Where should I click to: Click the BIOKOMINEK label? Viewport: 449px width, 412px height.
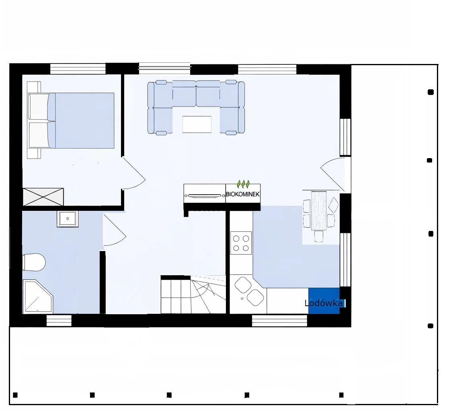(x=242, y=194)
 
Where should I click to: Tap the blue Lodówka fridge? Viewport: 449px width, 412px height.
(x=324, y=301)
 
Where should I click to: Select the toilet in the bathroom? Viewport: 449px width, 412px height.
(x=34, y=262)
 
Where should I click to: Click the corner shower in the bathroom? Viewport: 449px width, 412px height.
(x=37, y=297)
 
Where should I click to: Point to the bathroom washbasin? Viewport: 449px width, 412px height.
(x=68, y=219)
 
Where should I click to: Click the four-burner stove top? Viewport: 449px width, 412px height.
(x=241, y=243)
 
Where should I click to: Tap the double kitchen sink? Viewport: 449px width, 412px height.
(x=249, y=291)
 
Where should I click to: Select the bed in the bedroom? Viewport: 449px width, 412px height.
(x=71, y=120)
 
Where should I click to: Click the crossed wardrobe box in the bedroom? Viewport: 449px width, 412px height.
(x=43, y=197)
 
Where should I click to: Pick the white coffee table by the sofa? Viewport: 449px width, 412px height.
(x=197, y=124)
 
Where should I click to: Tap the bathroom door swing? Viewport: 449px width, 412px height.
(x=115, y=230)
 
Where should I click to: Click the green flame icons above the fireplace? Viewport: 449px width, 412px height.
(x=243, y=184)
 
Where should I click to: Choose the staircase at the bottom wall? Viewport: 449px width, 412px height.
(x=193, y=295)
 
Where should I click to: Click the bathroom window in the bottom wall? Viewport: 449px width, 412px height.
(x=59, y=321)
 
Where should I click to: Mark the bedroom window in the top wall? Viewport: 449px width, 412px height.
(x=78, y=69)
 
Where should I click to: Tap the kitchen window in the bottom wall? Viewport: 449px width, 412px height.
(x=279, y=321)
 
